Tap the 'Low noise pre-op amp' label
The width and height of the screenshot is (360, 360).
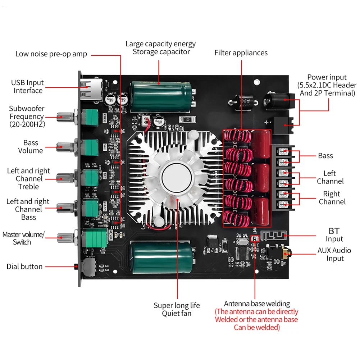pos(51,54)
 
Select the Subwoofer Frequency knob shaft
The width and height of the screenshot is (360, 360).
pos(65,115)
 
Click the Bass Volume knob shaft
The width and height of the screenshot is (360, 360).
pos(65,146)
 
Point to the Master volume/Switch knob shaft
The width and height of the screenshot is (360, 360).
pos(65,237)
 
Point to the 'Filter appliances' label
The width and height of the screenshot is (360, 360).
pos(241,53)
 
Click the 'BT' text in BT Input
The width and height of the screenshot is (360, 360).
pos(334,231)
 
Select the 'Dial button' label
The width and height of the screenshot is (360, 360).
pos(24,266)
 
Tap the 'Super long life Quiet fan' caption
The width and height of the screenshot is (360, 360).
pos(177,309)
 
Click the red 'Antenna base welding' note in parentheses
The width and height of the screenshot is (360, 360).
pos(256,319)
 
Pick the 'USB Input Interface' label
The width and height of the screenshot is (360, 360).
pos(28,87)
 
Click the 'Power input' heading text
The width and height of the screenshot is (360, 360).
pos(327,77)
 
